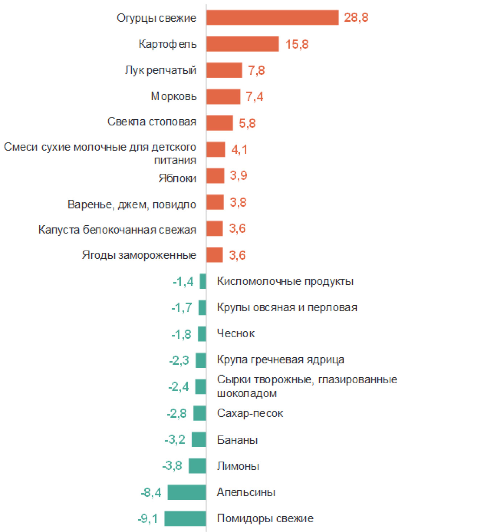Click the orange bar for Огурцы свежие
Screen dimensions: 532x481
coord(272,18)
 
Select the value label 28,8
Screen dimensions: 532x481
coord(356,18)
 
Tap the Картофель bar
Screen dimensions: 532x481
coord(242,44)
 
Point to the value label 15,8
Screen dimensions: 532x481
coord(297,44)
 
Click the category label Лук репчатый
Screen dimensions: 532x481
coord(161,70)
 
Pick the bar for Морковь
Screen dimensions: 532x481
coord(223,97)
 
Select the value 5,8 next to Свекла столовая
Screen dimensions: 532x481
coord(247,123)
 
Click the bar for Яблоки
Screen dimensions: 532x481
coord(215,176)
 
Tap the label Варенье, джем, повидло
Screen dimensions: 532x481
coord(132,205)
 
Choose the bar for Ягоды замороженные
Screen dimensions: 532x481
coord(215,255)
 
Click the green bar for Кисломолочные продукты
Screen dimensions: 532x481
coord(203,281)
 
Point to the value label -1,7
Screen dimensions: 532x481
coord(182,308)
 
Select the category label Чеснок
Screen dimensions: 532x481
coord(236,334)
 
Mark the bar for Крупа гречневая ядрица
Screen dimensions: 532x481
coord(201,360)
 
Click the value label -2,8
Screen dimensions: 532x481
coord(177,413)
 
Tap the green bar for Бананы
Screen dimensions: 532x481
coord(199,440)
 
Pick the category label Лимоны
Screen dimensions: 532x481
coord(238,466)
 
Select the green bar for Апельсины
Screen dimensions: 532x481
coord(187,492)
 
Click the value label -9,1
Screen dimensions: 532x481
coord(148,519)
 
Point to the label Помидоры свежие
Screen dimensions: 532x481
coord(265,519)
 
